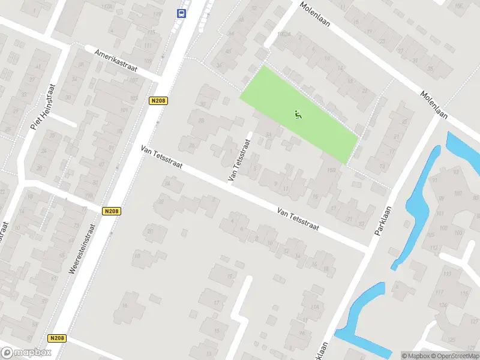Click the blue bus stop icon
[x=181, y=13]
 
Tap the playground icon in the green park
[x=298, y=113]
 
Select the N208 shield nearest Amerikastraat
[x=158, y=101]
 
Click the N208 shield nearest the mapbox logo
[x=58, y=338]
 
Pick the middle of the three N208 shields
[x=110, y=211]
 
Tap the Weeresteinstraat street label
[x=82, y=249]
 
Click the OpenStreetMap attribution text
[x=454, y=356]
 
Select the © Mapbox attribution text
[x=416, y=356]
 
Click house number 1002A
[x=284, y=34]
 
